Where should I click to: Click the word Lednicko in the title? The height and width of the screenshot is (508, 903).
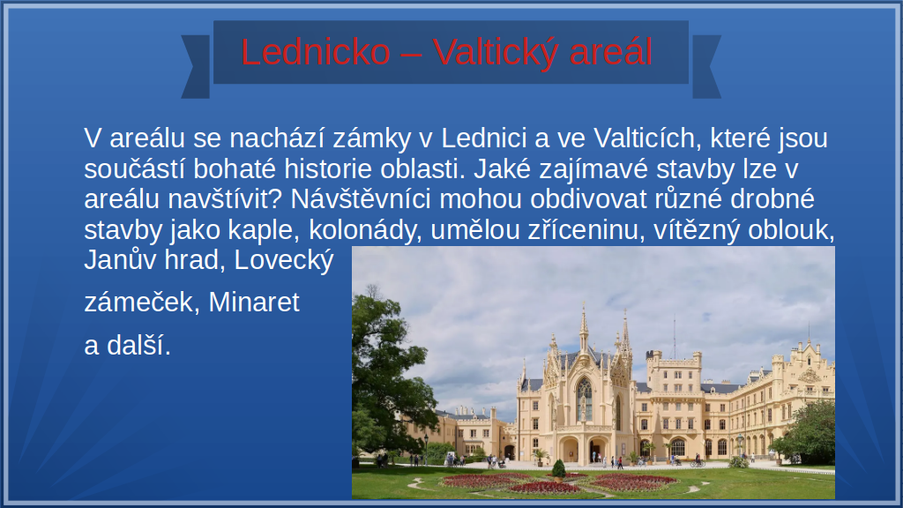coord(316,52)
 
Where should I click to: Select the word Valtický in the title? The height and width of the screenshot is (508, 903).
coord(496,53)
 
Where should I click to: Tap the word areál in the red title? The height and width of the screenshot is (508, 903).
coord(611,52)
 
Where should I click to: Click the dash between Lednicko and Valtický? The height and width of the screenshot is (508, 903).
coord(411,54)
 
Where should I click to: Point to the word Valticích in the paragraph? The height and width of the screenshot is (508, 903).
coord(647,138)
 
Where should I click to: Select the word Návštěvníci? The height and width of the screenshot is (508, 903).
coord(361,199)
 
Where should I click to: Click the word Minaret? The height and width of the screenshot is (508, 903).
coord(254,302)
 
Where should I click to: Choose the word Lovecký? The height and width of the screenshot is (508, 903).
coord(284,261)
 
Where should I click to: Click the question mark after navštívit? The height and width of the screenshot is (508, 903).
coord(275,199)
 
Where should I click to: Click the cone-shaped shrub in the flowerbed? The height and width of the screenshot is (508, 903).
coord(558,470)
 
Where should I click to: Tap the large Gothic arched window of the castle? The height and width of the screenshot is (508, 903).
coord(584,400)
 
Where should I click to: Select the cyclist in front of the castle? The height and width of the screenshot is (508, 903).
coord(698,460)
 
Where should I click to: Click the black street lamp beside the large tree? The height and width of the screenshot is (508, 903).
coord(426,449)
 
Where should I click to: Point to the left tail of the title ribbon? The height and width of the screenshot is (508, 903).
coord(195,67)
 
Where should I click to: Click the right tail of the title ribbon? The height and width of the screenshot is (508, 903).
coord(706,67)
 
